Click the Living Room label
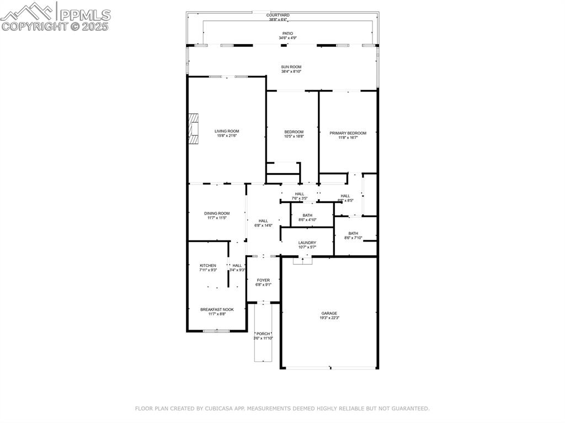pos(227,133)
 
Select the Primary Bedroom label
pos(348,135)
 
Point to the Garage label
pos(329,315)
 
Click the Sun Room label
pos(291,68)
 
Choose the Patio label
pos(285,35)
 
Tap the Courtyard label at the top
pos(278,17)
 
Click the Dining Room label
pos(217,215)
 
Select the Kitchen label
pos(208,267)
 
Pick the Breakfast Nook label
pos(217,312)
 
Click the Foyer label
pos(263,282)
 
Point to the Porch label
pos(263,335)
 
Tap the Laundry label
pos(307,244)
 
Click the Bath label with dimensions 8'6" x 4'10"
pos(307,217)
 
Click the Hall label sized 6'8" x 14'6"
pos(263,223)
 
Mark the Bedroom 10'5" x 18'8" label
pos(294,133)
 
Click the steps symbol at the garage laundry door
pos(302,260)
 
